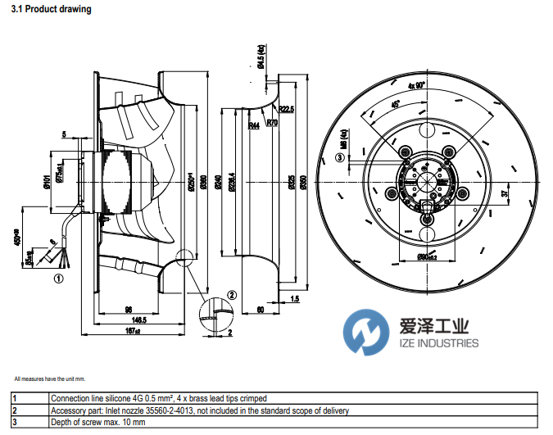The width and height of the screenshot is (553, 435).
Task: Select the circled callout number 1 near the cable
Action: coord(58,277)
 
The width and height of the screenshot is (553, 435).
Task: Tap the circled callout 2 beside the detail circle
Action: coord(232,295)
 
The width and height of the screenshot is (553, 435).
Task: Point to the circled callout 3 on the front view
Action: coord(339,157)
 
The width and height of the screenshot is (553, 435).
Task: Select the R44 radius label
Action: coord(254,126)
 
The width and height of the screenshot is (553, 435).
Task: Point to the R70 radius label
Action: coord(272,123)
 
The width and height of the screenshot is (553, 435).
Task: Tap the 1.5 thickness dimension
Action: coord(294,301)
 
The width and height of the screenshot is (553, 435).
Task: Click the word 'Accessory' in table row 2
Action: coord(68,410)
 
